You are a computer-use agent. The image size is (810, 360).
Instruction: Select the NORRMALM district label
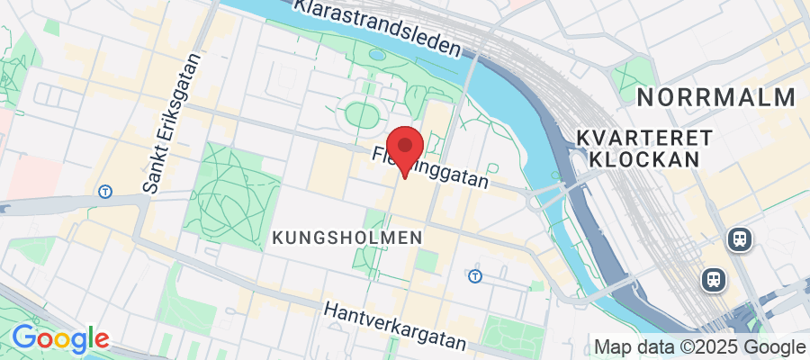coord(716,97)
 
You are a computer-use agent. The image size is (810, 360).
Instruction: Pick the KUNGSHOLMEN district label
coord(346,238)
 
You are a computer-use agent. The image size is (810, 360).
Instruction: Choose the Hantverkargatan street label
coord(395,325)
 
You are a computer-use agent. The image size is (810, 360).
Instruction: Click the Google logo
coord(59,339)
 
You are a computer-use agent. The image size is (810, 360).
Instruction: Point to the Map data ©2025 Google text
coord(700,346)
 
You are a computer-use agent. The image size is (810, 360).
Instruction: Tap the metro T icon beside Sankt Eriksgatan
coord(106,191)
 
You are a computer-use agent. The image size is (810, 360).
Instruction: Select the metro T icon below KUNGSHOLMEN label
coord(474,274)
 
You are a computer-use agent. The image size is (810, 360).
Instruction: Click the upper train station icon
coord(740,238)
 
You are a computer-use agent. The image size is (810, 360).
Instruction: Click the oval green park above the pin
coord(362,115)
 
